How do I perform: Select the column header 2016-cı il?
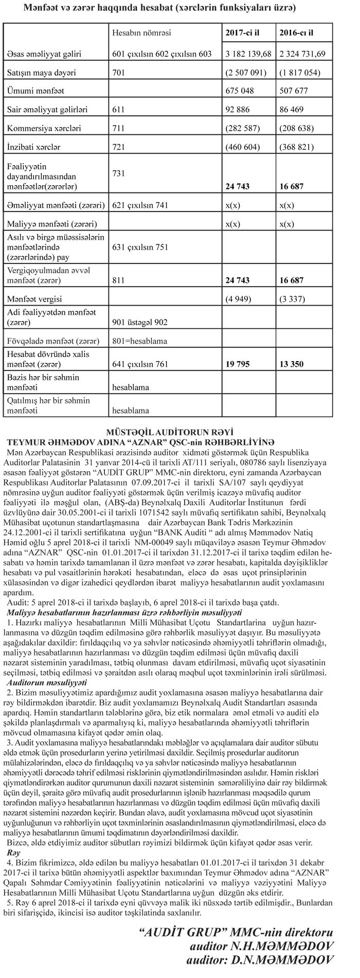(x=296, y=32)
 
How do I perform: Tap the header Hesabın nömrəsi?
(x=141, y=32)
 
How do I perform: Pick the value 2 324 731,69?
(x=301, y=53)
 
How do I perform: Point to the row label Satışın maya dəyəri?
(x=41, y=73)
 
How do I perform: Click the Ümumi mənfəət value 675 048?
(x=241, y=91)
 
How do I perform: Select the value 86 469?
(x=291, y=109)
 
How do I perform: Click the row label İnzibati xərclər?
(x=33, y=147)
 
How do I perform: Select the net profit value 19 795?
(x=240, y=364)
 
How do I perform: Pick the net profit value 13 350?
(x=291, y=364)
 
